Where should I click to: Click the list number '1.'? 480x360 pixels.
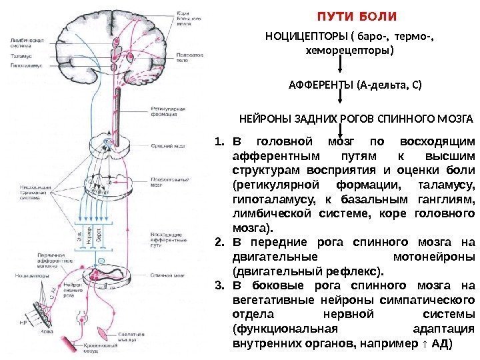pyautogui.click(x=220, y=141)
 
